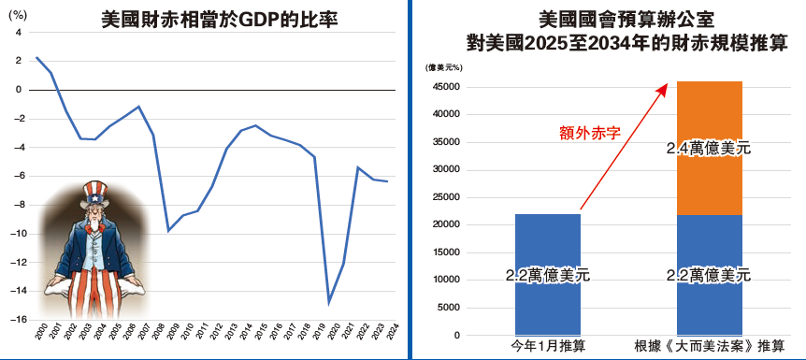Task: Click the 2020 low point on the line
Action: [328, 302]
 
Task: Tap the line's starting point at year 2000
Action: [36, 58]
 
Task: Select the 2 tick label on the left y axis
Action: [18, 61]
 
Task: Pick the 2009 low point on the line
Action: [168, 230]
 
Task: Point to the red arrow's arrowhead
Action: [665, 86]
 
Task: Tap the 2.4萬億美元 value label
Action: [709, 148]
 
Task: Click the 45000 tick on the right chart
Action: [446, 87]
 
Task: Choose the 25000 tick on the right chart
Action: [446, 197]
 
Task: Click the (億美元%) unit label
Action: [443, 67]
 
